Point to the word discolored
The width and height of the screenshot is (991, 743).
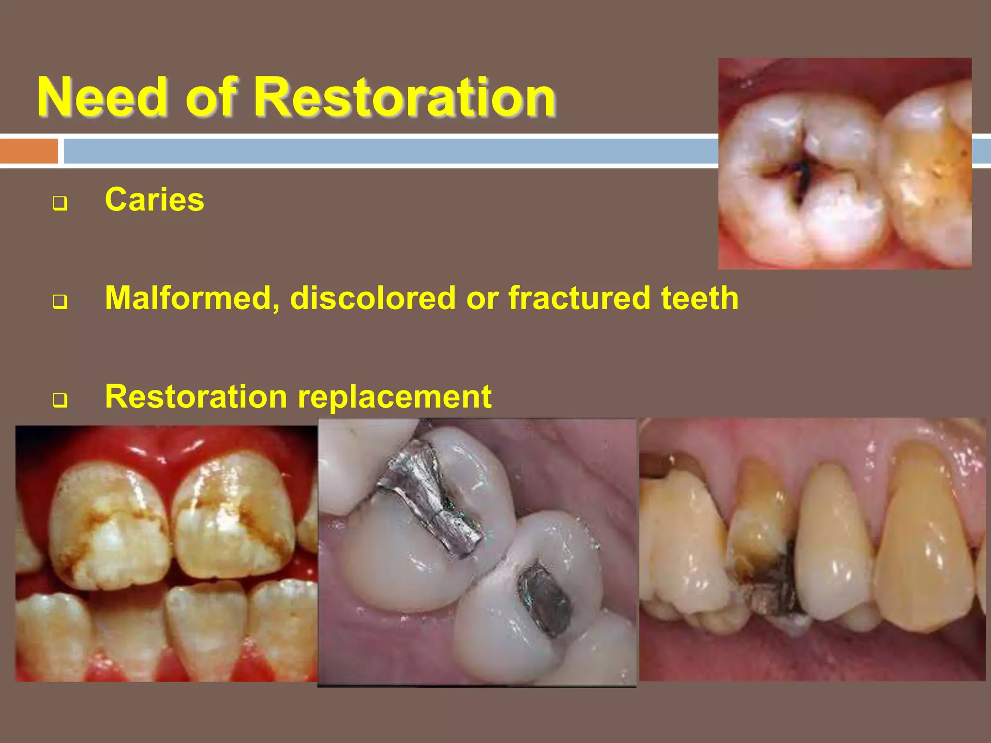click(373, 298)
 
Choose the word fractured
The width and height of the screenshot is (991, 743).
click(579, 298)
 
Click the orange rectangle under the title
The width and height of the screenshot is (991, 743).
click(29, 151)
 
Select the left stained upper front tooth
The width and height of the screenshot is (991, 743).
click(111, 527)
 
